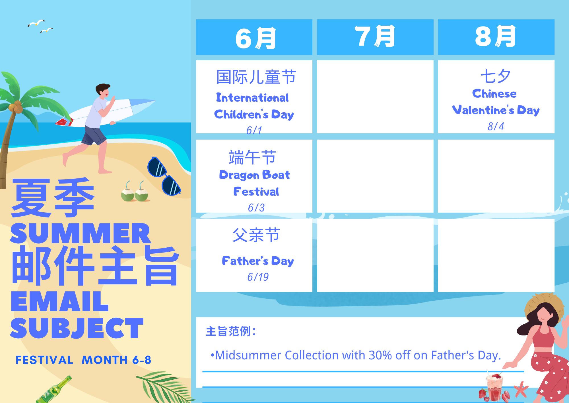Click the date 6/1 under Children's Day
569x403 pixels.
(254, 130)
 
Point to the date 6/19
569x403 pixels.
(258, 277)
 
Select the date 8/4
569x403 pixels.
(496, 126)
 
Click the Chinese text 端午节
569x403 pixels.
(252, 157)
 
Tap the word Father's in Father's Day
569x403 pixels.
(245, 261)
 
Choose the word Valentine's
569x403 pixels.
(483, 110)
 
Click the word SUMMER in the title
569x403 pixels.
(81, 233)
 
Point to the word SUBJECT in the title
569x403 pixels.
(77, 328)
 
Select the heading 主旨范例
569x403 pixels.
(231, 331)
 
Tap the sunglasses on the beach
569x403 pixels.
(164, 176)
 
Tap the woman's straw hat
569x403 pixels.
(545, 308)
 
